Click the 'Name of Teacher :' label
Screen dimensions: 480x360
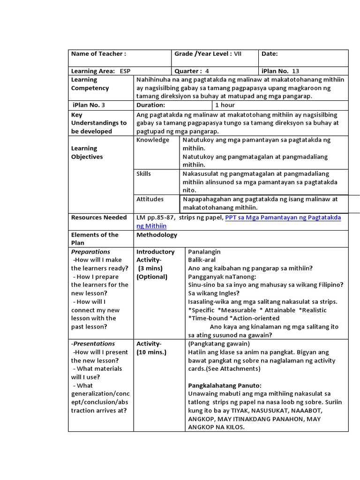[98, 54]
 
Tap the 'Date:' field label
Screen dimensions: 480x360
[270, 54]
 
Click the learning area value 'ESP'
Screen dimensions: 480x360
[125, 71]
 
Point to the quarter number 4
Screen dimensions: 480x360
[207, 71]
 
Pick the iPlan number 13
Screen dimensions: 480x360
[295, 71]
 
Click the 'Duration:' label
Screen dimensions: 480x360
[150, 105]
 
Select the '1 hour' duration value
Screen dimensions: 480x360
[225, 105]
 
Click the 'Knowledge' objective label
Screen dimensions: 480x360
[153, 140]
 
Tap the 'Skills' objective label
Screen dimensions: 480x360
[144, 173]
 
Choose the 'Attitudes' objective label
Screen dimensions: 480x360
[150, 199]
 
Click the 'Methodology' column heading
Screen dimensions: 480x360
[157, 235]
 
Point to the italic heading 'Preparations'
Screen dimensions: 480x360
[90, 252]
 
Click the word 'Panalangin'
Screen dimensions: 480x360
[204, 252]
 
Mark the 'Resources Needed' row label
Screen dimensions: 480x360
[99, 217]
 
